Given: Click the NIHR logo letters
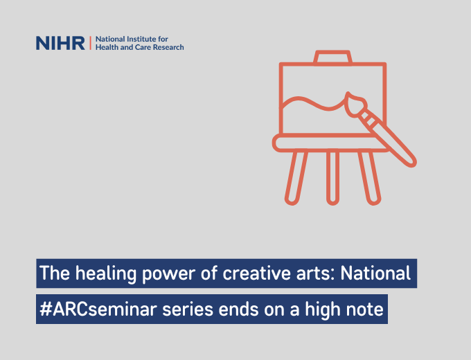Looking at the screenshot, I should [x=60, y=44].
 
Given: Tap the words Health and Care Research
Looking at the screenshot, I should [x=139, y=48].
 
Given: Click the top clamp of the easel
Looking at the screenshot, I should [x=332, y=57].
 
